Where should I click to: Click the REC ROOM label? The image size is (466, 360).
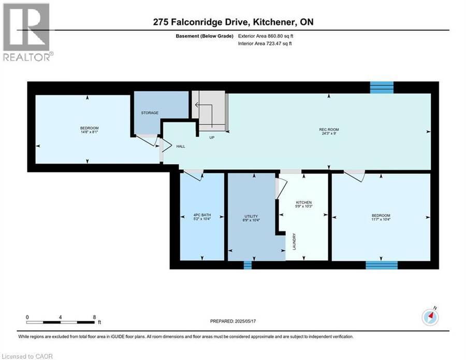pyautogui.click(x=329, y=129)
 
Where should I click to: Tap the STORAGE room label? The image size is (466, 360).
pyautogui.click(x=150, y=113)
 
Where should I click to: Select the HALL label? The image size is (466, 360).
pyautogui.click(x=181, y=146)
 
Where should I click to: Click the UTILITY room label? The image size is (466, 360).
pyautogui.click(x=251, y=217)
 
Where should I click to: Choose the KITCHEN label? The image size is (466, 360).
pyautogui.click(x=303, y=203)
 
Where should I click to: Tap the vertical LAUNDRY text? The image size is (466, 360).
pyautogui.click(x=295, y=241)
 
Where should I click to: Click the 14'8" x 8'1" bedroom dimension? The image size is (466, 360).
pyautogui.click(x=89, y=132)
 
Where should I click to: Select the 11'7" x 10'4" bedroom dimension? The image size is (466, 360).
pyautogui.click(x=381, y=220)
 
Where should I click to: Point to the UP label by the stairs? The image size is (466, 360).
pyautogui.click(x=212, y=138)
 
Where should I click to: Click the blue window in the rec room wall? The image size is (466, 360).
pyautogui.click(x=382, y=87)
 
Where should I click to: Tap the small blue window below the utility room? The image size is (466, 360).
pyautogui.click(x=247, y=265)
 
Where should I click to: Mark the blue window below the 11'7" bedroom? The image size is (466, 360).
pyautogui.click(x=382, y=265)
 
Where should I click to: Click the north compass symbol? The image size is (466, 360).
pyautogui.click(x=430, y=317)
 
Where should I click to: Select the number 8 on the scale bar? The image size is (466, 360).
pyautogui.click(x=95, y=317)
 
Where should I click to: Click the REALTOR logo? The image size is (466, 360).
pyautogui.click(x=27, y=32)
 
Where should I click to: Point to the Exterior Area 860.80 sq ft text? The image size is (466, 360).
pyautogui.click(x=266, y=36)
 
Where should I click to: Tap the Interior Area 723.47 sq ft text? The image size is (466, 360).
pyautogui.click(x=265, y=44)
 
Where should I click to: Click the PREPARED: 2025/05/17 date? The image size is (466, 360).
pyautogui.click(x=233, y=321)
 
